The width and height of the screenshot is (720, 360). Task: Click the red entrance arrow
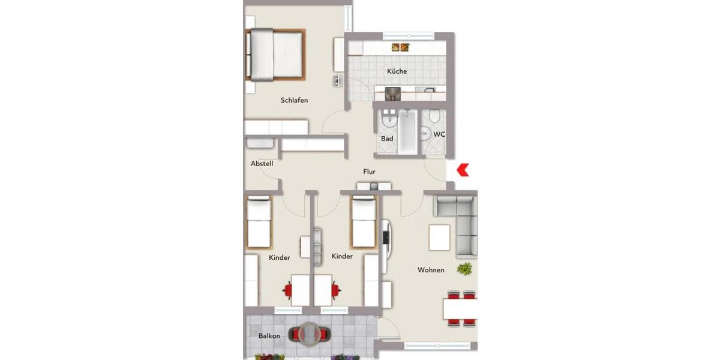[463, 170]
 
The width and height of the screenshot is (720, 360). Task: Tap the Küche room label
[397, 71]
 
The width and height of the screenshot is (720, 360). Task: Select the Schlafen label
[294, 100]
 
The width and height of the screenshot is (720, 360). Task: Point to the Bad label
[387, 139]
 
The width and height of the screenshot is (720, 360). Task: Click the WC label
[439, 134]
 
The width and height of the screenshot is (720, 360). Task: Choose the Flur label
[369, 172]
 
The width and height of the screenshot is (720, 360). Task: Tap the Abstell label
[262, 163]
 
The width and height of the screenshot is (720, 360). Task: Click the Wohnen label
[431, 270]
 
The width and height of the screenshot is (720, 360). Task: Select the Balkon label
[269, 336]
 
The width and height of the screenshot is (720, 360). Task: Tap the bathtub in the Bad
[407, 131]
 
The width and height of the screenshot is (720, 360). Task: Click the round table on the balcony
[310, 335]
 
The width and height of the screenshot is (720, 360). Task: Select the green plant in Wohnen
[464, 269]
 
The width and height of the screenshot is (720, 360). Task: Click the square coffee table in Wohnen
[439, 238]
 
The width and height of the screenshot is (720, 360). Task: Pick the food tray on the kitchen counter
[400, 47]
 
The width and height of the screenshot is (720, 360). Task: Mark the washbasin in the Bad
[388, 120]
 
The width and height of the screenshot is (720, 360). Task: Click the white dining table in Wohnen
[461, 309]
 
